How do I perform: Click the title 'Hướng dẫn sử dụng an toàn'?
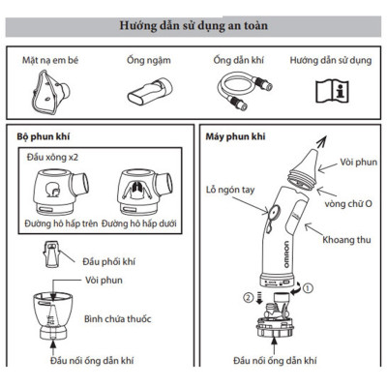[193, 24]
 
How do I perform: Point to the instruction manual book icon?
[332, 92]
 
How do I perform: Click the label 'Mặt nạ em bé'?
[48, 60]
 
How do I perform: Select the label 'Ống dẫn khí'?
[238, 60]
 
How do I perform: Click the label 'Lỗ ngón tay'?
[228, 191]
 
